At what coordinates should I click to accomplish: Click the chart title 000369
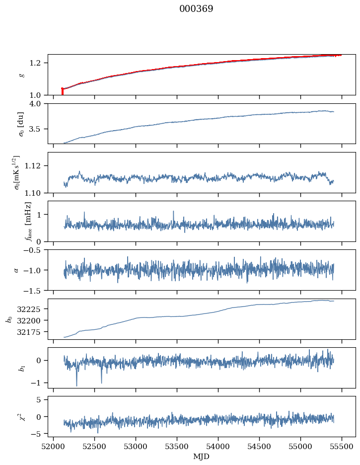(x=196, y=9)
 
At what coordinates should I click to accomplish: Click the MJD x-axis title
(x=202, y=457)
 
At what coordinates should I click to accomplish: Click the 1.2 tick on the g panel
(x=38, y=63)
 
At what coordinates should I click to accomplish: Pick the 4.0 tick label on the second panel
(x=38, y=103)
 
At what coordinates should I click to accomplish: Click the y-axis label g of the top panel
(x=21, y=75)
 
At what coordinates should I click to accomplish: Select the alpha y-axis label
(x=16, y=270)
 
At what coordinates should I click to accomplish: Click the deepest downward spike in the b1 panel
(x=76, y=385)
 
